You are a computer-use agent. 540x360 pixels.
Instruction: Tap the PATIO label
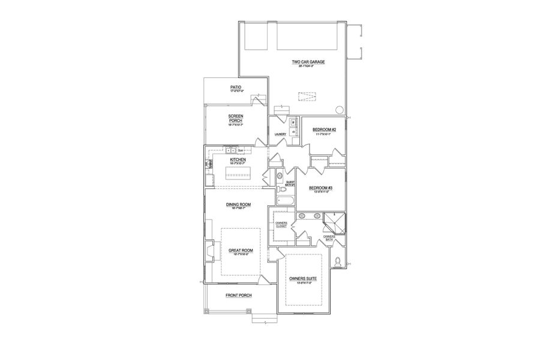click(236, 88)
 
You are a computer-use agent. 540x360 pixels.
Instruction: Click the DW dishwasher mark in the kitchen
click(240, 150)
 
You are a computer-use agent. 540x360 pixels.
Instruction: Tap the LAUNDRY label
click(280, 134)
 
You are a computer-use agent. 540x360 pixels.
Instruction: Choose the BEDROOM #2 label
click(325, 130)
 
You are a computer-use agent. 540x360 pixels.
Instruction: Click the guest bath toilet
click(280, 176)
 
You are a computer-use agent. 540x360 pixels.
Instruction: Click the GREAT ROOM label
click(240, 251)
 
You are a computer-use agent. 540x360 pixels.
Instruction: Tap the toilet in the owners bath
click(339, 262)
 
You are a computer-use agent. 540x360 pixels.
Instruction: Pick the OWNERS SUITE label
click(302, 280)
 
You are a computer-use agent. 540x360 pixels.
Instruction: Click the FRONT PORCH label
click(238, 295)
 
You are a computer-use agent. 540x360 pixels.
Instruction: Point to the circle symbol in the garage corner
click(339, 110)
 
